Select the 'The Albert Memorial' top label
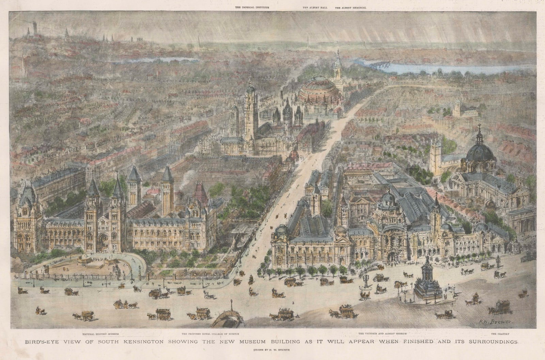click(351, 7)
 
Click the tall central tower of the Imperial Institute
click(251, 112)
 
